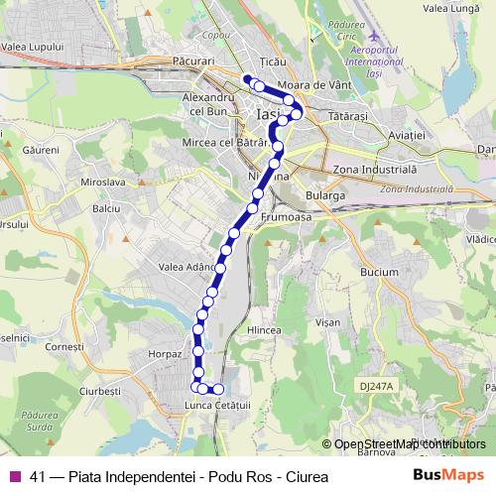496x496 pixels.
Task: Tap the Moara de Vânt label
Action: tap(316, 86)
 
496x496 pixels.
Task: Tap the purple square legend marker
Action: tap(15, 476)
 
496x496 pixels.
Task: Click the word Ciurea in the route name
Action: tap(305, 476)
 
